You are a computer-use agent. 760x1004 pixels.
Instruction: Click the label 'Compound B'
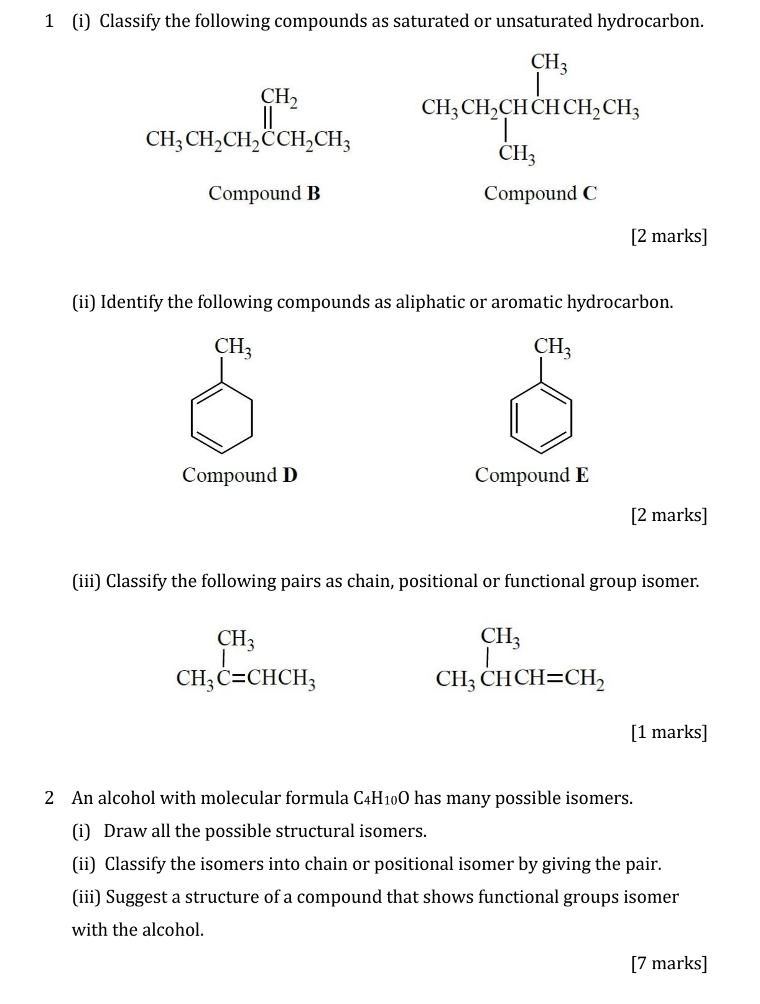tap(264, 193)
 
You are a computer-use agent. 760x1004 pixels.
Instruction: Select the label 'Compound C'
tap(540, 193)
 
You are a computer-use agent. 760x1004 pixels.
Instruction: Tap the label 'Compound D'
tap(239, 475)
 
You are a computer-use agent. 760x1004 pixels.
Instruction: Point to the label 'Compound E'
tap(532, 475)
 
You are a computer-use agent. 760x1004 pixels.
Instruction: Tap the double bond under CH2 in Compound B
tap(268, 117)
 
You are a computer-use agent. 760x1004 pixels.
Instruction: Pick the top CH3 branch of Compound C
tap(549, 62)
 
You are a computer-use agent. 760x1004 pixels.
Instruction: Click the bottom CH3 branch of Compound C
tap(517, 153)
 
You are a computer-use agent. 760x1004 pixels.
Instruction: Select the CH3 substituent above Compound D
tap(233, 347)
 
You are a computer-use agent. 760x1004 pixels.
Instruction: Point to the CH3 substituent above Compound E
tap(552, 347)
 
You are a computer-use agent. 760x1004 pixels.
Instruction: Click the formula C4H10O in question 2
tap(380, 798)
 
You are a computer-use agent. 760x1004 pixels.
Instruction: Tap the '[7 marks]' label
tap(669, 963)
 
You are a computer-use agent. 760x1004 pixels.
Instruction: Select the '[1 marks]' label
tap(669, 732)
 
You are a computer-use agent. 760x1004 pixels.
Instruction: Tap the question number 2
tap(50, 798)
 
